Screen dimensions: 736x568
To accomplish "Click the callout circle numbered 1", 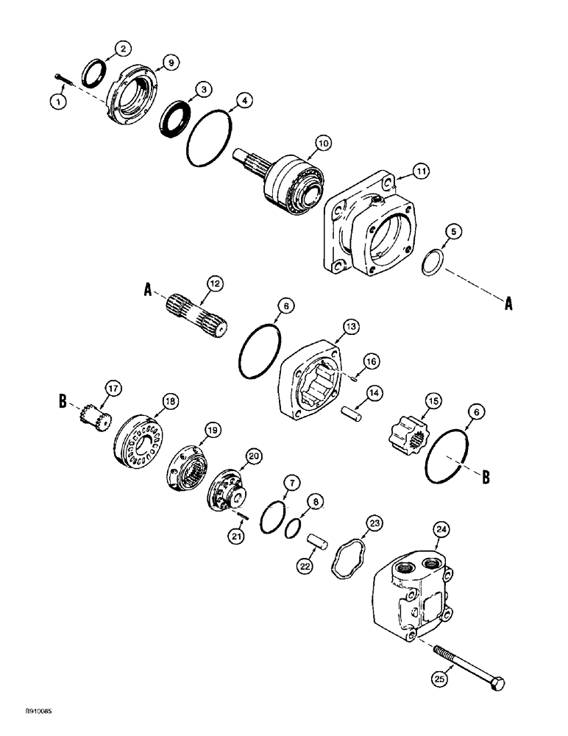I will point(60,101).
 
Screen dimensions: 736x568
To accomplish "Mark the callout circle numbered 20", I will point(254,457).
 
